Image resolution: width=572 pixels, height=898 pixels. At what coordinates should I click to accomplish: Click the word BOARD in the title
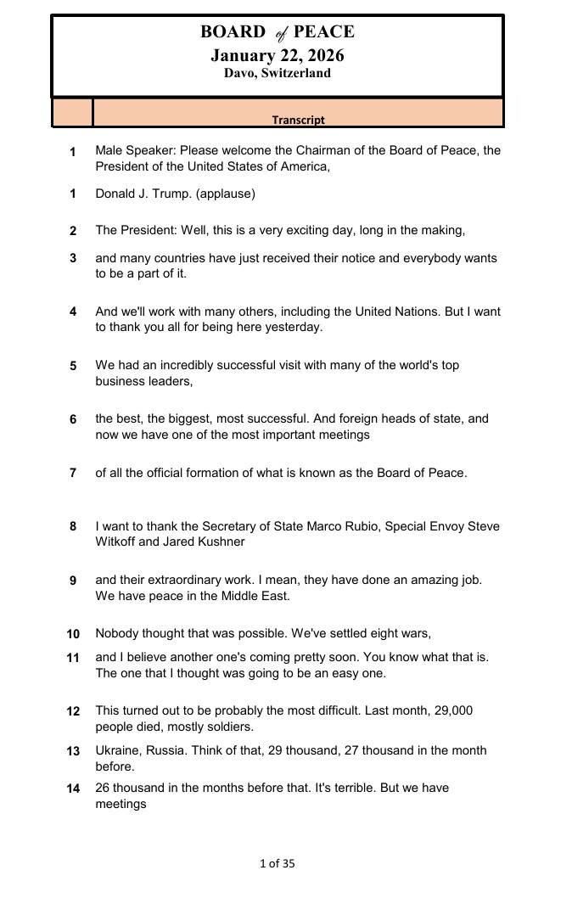233,32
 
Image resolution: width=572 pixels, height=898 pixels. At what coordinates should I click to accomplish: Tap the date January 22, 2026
278,55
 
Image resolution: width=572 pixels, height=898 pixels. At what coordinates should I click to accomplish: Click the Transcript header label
298,120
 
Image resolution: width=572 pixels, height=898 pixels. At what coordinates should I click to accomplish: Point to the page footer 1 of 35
277,864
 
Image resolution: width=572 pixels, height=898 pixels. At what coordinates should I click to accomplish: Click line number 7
73,473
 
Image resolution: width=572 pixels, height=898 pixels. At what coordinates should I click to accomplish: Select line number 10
73,634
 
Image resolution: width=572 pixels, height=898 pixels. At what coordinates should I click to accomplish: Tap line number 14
73,789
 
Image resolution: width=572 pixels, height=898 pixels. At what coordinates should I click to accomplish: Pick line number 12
73,711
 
